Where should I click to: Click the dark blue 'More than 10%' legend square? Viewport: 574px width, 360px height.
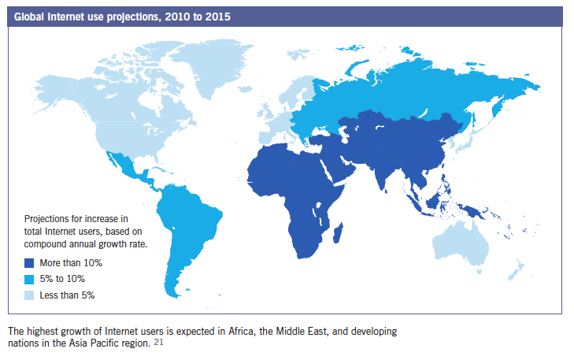[29, 263]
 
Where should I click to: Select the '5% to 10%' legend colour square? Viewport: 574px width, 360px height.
[29, 279]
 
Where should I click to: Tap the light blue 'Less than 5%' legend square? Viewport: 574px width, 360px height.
[29, 295]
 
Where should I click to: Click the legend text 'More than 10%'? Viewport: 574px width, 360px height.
[71, 263]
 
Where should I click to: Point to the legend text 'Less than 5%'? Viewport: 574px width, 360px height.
[68, 295]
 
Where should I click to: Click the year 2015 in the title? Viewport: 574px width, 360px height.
[217, 17]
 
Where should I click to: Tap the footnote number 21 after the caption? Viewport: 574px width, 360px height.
[158, 342]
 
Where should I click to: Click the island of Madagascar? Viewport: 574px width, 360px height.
[338, 232]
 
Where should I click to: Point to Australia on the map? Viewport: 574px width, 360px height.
[461, 243]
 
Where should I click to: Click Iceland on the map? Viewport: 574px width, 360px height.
[245, 89]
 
